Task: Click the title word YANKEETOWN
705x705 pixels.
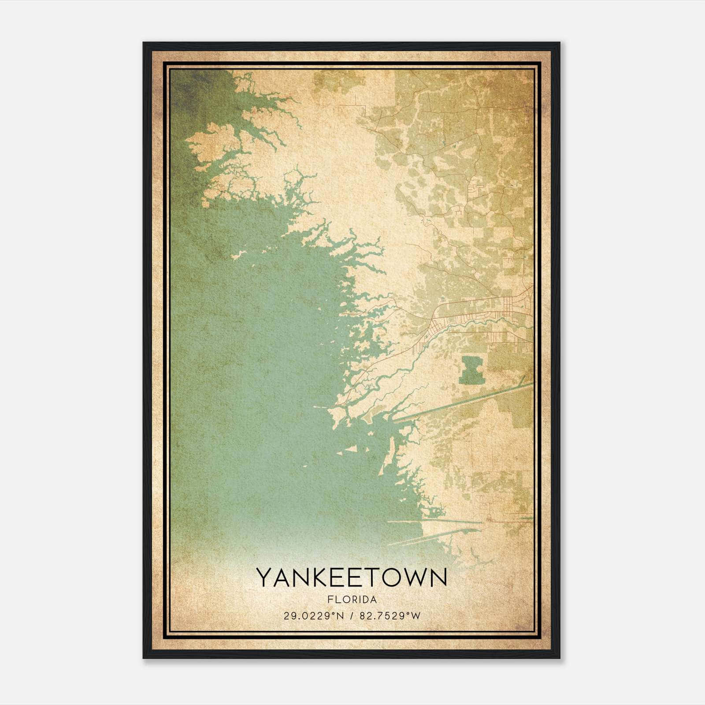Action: pyautogui.click(x=352, y=578)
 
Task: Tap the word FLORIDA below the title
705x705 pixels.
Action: pyautogui.click(x=352, y=600)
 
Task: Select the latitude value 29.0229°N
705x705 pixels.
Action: pyautogui.click(x=313, y=616)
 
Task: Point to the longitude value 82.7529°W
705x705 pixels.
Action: pyautogui.click(x=390, y=616)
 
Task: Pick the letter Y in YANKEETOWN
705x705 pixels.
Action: pyautogui.click(x=265, y=578)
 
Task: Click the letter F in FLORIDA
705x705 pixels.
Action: pyautogui.click(x=330, y=600)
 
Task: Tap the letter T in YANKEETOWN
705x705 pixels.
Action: pyautogui.click(x=368, y=578)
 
